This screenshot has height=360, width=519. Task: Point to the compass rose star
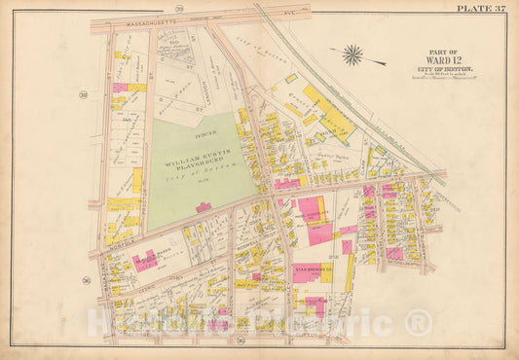(x=353, y=54)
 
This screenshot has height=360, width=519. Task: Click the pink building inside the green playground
(x=204, y=206)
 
